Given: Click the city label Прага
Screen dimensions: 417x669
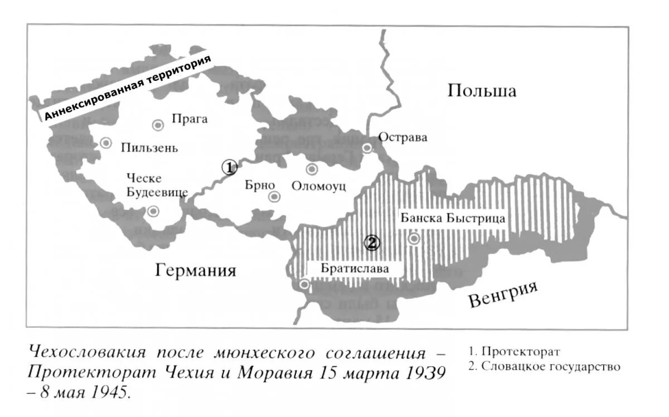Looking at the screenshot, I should (190, 119).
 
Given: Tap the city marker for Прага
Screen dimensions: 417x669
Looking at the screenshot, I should (158, 125).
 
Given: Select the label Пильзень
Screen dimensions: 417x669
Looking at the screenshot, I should (149, 148).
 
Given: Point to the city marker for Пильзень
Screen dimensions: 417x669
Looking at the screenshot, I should (106, 143).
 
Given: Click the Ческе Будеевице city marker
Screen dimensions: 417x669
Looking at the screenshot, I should (153, 211).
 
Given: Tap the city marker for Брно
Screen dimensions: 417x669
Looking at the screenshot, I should (274, 196).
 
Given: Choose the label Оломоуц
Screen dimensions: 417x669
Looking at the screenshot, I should (319, 186).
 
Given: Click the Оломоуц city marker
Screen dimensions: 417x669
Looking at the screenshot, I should (312, 169).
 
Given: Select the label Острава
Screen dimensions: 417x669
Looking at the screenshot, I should (403, 137).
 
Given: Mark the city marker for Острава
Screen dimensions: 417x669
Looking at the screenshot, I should (367, 148).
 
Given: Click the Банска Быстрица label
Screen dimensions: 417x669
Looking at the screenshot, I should (453, 218).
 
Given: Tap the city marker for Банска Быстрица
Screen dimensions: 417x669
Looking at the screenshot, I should (414, 239).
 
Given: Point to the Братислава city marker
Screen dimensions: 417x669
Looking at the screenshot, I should (304, 284).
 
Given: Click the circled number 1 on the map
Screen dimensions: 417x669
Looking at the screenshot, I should (229, 167).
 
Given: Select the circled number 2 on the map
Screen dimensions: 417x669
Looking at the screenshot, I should (372, 243).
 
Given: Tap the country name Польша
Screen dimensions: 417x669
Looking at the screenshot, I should (482, 91).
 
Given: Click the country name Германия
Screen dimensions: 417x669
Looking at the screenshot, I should (196, 271).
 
